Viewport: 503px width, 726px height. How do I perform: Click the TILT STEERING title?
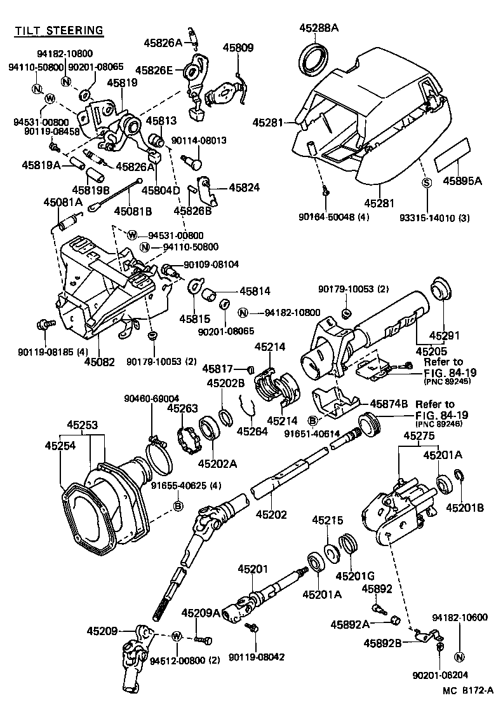pyautogui.click(x=59, y=30)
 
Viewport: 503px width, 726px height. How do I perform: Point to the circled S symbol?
pyautogui.click(x=427, y=184)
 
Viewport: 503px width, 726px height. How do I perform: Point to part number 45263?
pyautogui.click(x=182, y=408)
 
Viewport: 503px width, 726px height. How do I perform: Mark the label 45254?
pyautogui.click(x=60, y=446)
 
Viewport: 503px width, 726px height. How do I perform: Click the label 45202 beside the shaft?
pyautogui.click(x=272, y=514)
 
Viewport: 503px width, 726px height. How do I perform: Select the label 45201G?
pyautogui.click(x=351, y=576)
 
